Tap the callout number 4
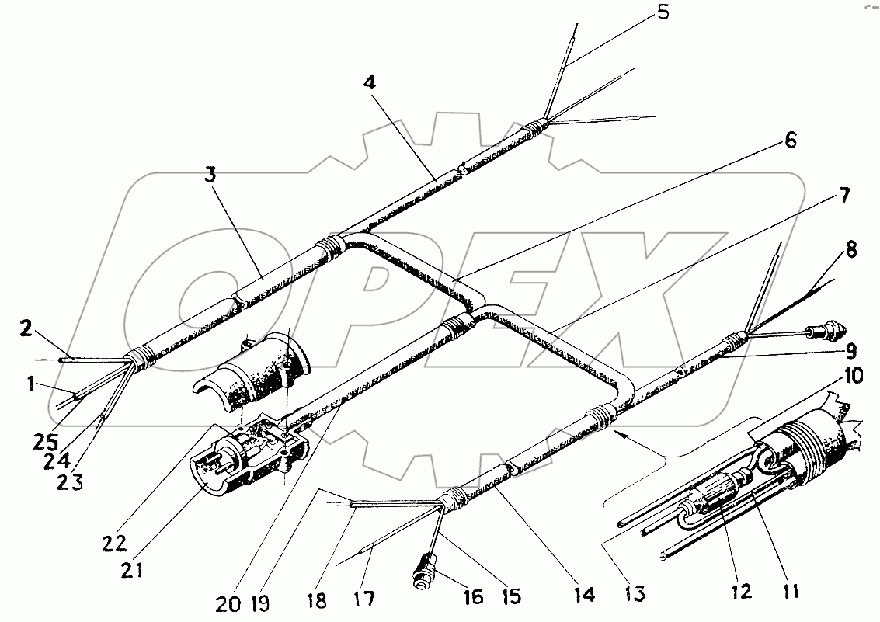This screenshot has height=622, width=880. [371, 82]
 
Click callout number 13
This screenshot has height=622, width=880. [634, 595]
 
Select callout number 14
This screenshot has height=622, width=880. [583, 596]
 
